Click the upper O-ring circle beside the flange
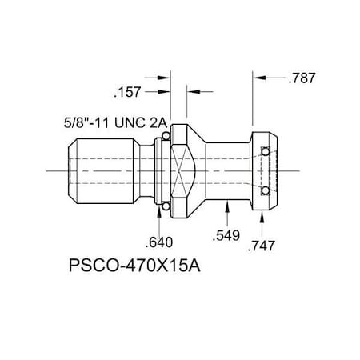[x=165, y=136]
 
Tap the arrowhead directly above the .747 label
[x=263, y=218]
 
